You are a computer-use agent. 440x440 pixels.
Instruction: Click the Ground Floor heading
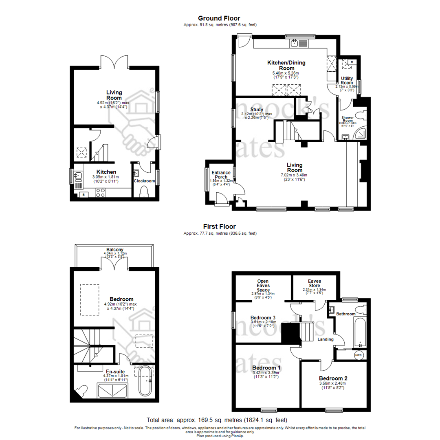pyautogui.click(x=219, y=18)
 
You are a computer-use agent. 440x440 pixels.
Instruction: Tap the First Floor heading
pyautogui.click(x=220, y=227)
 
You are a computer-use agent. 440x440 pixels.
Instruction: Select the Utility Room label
pyautogui.click(x=347, y=80)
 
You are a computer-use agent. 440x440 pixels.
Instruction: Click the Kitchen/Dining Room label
pyautogui.click(x=286, y=65)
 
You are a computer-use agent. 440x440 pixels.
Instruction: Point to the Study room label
pyautogui.click(x=257, y=109)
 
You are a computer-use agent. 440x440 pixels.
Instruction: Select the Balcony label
pyautogui.click(x=115, y=250)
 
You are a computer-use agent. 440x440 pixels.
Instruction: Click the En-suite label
pyautogui.click(x=115, y=372)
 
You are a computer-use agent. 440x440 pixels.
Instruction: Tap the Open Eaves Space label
pyautogui.click(x=263, y=286)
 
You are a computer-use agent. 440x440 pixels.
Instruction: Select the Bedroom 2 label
pyautogui.click(x=333, y=378)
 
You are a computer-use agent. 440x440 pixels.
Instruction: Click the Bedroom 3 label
pyautogui.click(x=263, y=318)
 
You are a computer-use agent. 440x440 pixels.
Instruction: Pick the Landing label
pyautogui.click(x=326, y=339)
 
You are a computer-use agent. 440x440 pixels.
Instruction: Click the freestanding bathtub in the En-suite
pyautogui.click(x=145, y=381)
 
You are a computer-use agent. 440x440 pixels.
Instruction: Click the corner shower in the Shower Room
pyautogui.click(x=360, y=134)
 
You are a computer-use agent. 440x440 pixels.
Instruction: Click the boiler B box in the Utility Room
pyautogui.click(x=352, y=62)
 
